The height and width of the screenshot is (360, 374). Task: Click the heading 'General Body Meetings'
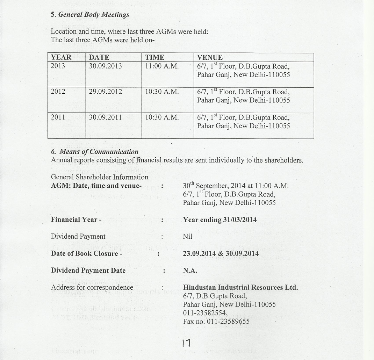click(93, 15)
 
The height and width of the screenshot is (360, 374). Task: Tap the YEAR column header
click(61, 57)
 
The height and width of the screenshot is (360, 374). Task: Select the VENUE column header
click(210, 57)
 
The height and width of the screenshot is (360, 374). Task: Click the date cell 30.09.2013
click(105, 66)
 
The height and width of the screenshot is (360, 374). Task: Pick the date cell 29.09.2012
click(105, 92)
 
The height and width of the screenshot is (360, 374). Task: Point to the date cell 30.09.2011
click(105, 117)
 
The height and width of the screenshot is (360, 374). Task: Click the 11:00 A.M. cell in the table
click(162, 66)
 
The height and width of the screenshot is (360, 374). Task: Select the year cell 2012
click(58, 92)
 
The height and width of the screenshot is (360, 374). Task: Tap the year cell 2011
click(58, 117)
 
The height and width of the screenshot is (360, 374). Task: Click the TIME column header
click(154, 57)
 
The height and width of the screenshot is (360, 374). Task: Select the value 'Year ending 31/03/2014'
click(220, 220)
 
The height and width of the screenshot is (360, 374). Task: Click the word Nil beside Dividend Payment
click(187, 237)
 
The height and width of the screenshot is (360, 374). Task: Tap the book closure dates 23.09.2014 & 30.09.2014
click(221, 253)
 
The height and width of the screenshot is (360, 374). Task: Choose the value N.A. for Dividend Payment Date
click(190, 271)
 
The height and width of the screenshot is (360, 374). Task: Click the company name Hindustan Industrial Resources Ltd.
click(240, 287)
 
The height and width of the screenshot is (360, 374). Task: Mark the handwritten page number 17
click(186, 344)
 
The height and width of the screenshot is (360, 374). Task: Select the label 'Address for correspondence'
click(92, 287)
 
